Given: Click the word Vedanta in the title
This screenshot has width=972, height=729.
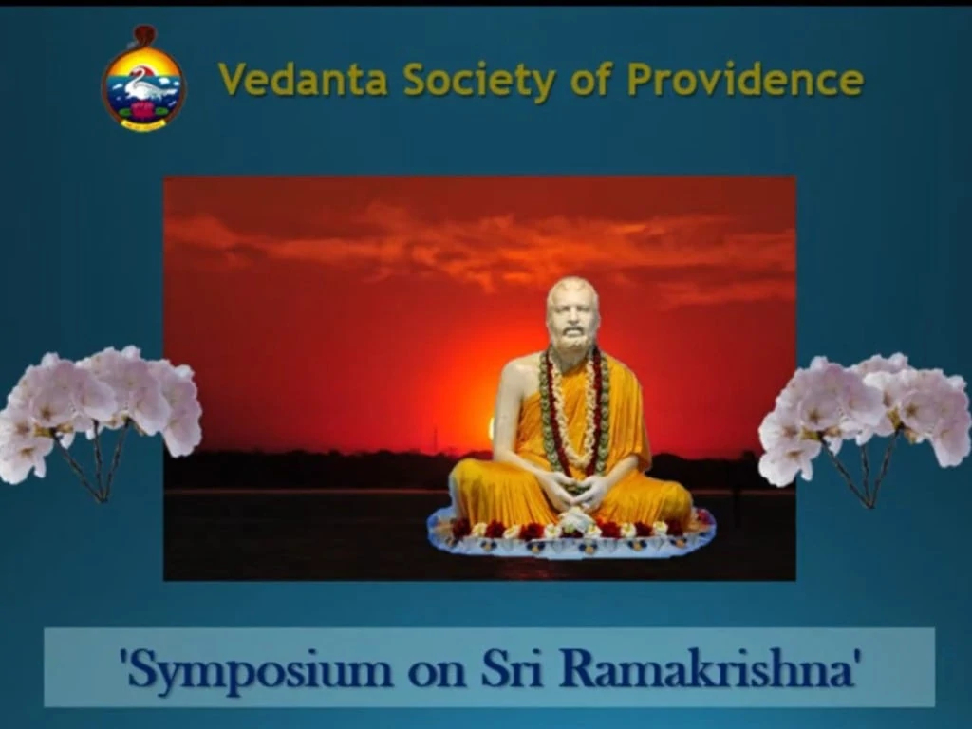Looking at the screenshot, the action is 303,80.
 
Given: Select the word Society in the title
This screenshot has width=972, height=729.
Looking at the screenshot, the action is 479,81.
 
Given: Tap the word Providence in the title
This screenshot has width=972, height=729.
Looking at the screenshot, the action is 745,80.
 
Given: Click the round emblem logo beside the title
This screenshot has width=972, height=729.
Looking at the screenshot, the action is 143,78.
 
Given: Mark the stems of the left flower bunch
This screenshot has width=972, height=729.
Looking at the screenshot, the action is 99,462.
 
